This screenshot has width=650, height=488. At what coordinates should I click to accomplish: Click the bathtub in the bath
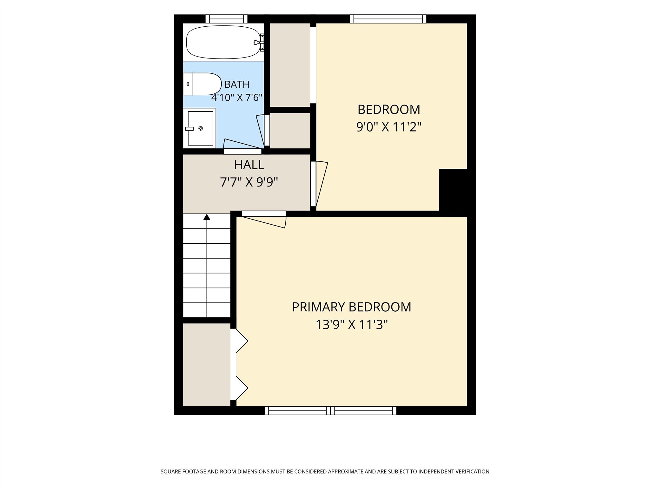(224, 42)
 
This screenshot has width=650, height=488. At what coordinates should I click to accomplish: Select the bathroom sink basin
(200, 128)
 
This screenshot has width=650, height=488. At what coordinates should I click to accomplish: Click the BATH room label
(237, 85)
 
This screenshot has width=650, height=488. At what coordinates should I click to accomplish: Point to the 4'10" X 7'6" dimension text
(237, 97)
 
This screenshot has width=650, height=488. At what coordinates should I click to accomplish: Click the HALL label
(249, 165)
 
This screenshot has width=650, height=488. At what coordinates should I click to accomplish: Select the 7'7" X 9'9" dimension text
(249, 182)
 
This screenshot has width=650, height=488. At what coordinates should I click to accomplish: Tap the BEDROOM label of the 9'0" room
(389, 110)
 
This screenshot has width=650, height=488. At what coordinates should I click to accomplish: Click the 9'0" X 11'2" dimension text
(389, 127)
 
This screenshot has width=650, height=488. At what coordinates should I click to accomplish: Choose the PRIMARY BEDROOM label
(352, 307)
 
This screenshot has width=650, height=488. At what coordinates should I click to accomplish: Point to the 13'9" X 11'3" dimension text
(352, 325)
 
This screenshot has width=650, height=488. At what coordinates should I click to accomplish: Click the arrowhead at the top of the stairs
(207, 217)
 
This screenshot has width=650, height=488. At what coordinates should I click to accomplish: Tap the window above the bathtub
(226, 19)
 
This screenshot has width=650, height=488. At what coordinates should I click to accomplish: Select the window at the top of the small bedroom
(388, 19)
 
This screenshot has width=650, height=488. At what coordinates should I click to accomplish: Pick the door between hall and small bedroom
(319, 184)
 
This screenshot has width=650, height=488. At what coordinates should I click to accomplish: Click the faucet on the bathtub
(259, 42)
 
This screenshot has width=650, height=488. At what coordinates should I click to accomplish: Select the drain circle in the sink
(201, 128)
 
